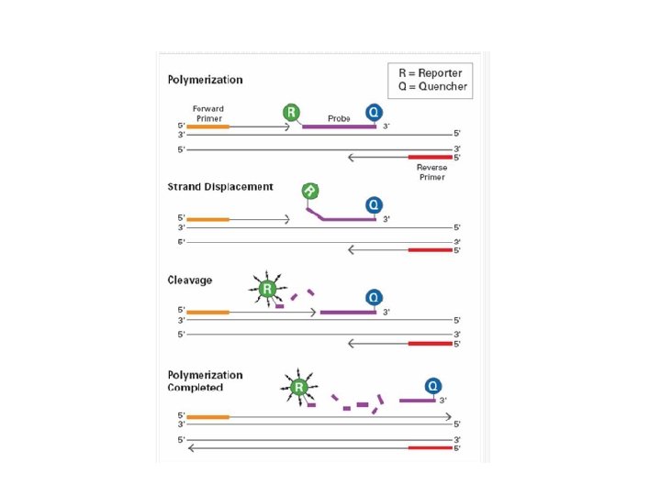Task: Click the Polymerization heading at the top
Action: coord(205,80)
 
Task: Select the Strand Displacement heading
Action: coord(219,187)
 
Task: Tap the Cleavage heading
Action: coord(189,280)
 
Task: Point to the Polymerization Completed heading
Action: coord(205,380)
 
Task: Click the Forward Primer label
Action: coord(207,114)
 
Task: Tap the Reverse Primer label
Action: coord(431,172)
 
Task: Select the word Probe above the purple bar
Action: coord(339,119)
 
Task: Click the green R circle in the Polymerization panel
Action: coord(291,113)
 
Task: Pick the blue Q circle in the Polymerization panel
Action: coord(374,113)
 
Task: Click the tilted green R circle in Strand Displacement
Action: coord(310,191)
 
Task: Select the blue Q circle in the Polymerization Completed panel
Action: coord(431,386)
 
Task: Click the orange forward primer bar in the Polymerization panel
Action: coord(207,126)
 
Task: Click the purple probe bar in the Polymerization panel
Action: coord(339,126)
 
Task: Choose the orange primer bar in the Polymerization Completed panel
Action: coord(207,417)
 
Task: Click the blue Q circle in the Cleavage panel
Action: coord(374,298)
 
